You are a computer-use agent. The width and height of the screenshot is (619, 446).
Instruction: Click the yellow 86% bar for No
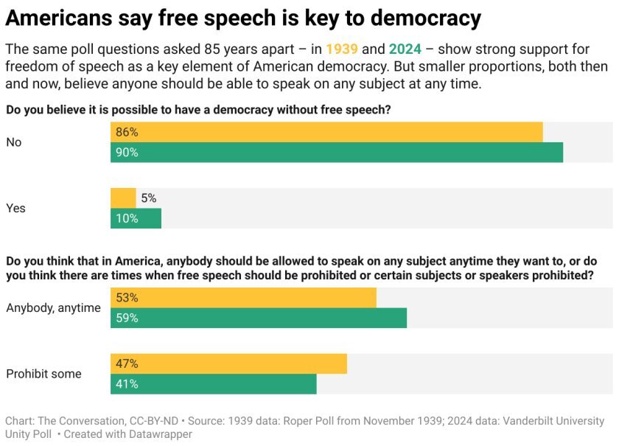point(326,133)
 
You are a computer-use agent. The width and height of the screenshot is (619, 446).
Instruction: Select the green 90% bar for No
point(337,153)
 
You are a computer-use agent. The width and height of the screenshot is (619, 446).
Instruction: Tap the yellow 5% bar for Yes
point(123,198)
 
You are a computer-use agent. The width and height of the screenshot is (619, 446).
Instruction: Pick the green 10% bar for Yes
point(136,218)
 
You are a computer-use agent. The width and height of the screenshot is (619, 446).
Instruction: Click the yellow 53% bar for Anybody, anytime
point(243,298)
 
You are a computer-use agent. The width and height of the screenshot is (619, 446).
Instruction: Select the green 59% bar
point(259,318)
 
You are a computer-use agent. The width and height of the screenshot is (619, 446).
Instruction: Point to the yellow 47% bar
point(228,364)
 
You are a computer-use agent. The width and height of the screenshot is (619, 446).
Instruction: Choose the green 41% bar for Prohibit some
point(214,384)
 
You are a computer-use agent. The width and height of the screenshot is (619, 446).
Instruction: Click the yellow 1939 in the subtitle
point(342,50)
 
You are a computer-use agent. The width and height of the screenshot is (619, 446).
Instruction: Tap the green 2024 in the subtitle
point(405,50)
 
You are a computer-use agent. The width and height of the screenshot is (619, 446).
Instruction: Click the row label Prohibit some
point(43,374)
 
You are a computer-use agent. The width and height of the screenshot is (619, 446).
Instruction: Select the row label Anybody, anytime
point(53,308)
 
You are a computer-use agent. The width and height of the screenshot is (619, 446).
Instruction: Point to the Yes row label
point(15,209)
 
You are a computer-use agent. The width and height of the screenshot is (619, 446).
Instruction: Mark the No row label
point(14,142)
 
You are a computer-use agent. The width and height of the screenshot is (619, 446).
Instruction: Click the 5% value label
point(148,198)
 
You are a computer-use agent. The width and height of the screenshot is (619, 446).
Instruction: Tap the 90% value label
point(127,153)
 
